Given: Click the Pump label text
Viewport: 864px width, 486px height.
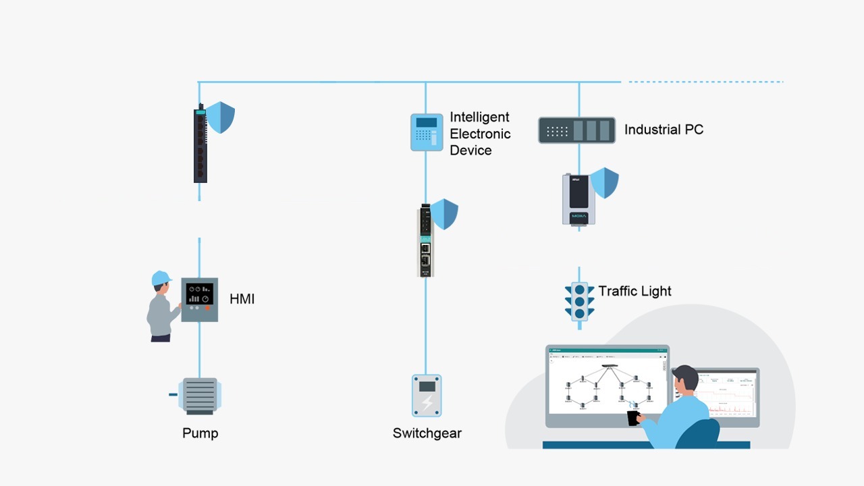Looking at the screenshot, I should [200, 433].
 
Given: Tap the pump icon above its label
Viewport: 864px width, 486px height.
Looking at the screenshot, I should [200, 396].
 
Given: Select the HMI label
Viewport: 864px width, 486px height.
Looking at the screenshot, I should [242, 299].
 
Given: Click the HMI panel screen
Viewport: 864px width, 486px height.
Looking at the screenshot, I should [199, 294].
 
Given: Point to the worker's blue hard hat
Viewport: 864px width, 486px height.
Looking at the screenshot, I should [161, 278].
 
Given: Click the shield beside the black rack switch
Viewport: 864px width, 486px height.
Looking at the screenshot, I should [220, 117].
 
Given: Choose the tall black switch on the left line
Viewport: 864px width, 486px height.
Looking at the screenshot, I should [200, 144].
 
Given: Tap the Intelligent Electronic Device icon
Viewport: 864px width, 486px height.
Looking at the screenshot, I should [426, 132].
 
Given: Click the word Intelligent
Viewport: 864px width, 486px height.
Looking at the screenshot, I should [479, 117].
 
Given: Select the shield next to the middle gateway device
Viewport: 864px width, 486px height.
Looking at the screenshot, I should [445, 214].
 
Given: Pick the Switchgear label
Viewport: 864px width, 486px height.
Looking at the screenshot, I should [427, 433].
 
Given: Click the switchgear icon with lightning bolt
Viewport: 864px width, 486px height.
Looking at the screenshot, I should [427, 396].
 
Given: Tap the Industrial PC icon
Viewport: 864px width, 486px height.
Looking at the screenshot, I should [576, 130].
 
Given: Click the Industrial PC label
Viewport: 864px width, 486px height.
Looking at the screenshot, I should [664, 130].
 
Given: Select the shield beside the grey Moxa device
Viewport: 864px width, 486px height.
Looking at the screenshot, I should [604, 183].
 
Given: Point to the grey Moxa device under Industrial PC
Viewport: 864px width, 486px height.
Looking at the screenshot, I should [578, 199].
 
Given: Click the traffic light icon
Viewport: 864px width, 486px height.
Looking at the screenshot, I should [579, 301].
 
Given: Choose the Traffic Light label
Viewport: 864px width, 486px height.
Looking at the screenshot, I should [634, 292].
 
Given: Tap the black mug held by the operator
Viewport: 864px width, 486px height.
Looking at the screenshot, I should [633, 418].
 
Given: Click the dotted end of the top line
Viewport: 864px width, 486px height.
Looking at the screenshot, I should [702, 82].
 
